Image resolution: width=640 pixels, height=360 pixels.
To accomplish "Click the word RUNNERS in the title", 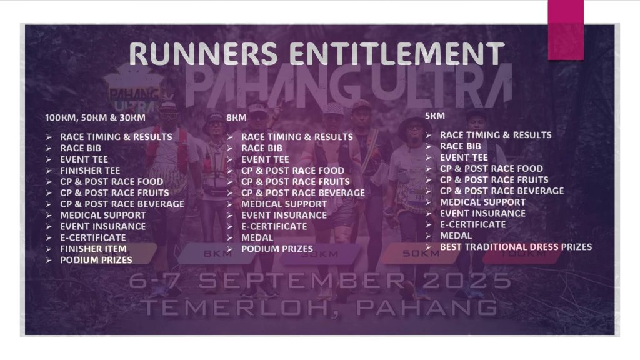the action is click(x=203, y=54).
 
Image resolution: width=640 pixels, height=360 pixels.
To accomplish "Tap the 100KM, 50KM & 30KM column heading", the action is click(x=95, y=118).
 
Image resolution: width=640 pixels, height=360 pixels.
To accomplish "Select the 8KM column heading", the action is click(x=236, y=118).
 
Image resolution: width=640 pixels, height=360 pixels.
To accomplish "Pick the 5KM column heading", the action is click(x=435, y=116).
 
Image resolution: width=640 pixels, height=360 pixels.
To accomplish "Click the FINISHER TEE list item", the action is click(x=90, y=171).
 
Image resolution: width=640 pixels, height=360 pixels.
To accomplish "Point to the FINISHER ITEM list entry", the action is click(x=94, y=249).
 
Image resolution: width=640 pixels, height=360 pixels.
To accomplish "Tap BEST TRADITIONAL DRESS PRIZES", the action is click(x=516, y=247).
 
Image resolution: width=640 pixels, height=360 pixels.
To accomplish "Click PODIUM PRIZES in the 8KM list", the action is click(x=277, y=249).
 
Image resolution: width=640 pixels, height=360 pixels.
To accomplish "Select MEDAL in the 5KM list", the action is click(x=456, y=236).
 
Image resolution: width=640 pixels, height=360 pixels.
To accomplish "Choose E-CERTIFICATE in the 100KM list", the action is click(x=93, y=237).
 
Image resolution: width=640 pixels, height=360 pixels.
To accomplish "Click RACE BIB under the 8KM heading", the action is click(x=262, y=148).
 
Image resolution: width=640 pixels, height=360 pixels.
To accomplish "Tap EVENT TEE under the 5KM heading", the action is click(x=464, y=157).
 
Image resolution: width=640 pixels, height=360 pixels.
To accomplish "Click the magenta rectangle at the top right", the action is click(x=566, y=30).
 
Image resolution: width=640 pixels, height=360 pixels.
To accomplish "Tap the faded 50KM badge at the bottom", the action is click(x=421, y=254).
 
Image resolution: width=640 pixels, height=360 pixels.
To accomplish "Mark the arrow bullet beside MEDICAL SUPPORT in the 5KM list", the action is click(x=429, y=202).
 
